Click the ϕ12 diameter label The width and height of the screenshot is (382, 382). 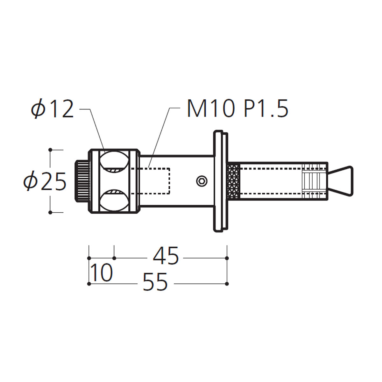tap(53, 110)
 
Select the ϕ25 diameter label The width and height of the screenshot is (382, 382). tap(45, 181)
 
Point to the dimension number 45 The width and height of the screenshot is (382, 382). tap(166, 256)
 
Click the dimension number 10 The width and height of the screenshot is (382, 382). tap(102, 272)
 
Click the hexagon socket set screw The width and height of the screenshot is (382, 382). tap(202, 181)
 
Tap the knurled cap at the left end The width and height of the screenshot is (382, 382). tap(82, 181)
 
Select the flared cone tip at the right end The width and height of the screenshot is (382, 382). tap(340, 181)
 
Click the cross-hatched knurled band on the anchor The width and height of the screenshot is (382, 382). tap(234, 181)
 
